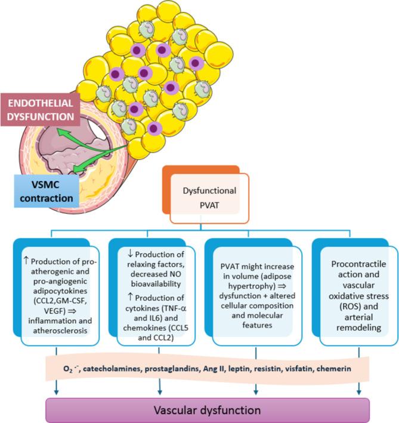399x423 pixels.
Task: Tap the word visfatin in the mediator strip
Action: point(308,369)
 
